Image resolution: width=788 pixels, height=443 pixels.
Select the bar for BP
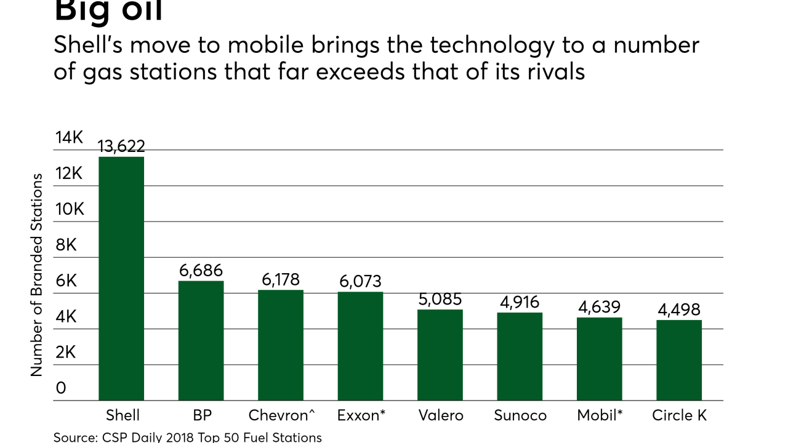(201, 341)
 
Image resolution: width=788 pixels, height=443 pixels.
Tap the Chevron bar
(281, 345)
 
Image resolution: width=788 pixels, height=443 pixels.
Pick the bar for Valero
(440, 355)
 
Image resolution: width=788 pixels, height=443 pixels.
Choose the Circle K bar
(679, 361)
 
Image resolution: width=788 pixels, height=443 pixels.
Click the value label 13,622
(121, 146)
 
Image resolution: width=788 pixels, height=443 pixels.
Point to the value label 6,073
(360, 282)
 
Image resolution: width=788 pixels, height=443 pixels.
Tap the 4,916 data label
(520, 302)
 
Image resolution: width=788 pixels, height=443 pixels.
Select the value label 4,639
(599, 307)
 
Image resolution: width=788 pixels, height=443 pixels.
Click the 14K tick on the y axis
(69, 138)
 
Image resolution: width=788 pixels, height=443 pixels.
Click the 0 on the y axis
(61, 388)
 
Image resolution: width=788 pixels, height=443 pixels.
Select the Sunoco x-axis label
(520, 415)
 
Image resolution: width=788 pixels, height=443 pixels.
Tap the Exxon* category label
(361, 415)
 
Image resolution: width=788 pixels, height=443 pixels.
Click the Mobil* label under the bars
(600, 415)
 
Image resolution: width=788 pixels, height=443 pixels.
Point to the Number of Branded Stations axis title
(37, 274)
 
